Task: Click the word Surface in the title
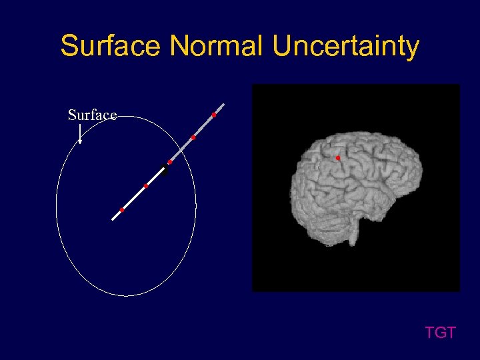click(x=111, y=46)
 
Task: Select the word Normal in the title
click(x=217, y=46)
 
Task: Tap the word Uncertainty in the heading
click(x=346, y=46)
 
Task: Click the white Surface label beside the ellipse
click(x=93, y=115)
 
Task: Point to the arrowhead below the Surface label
click(x=80, y=140)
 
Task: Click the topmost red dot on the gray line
click(x=214, y=115)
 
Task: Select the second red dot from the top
click(x=193, y=137)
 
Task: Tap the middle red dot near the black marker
click(x=170, y=162)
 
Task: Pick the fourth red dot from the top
click(x=145, y=186)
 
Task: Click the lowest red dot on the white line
click(x=122, y=210)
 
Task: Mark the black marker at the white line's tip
click(x=164, y=169)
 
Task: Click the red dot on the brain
click(x=338, y=158)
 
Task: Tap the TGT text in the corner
click(x=441, y=332)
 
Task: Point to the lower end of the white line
click(x=113, y=219)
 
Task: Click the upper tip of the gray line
click(x=223, y=105)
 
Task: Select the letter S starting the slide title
click(x=69, y=46)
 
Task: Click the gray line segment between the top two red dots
click(x=203, y=127)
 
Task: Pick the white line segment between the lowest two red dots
click(x=133, y=198)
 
